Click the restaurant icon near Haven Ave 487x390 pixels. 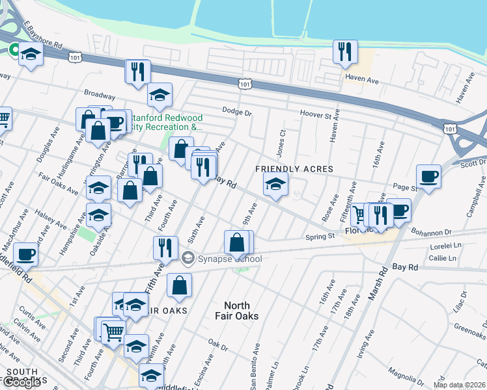pyautogui.click(x=345, y=52)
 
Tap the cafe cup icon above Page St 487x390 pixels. pyautogui.click(x=428, y=177)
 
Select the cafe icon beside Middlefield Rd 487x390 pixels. pyautogui.click(x=26, y=254)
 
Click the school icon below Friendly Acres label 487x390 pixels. pyautogui.click(x=276, y=185)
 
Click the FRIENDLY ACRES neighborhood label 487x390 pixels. pyautogui.click(x=294, y=169)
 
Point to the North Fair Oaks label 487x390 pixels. pyautogui.click(x=241, y=311)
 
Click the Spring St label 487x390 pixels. pyautogui.click(x=321, y=237)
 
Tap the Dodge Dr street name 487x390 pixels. pyautogui.click(x=236, y=111)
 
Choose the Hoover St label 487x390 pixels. pyautogui.click(x=315, y=114)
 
